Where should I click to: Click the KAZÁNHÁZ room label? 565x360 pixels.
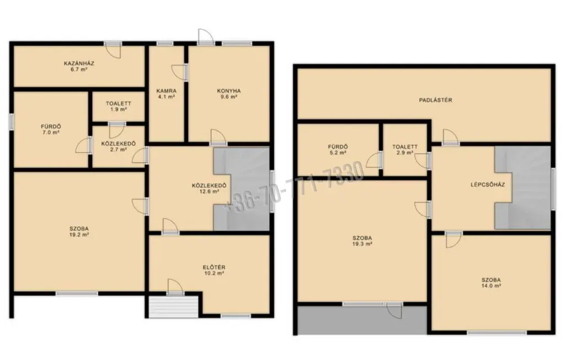pyautogui.click(x=79, y=63)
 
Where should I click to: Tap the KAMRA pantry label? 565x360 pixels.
pyautogui.click(x=167, y=91)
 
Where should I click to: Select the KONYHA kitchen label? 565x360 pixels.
pyautogui.click(x=229, y=91)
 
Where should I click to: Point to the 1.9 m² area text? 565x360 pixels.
pyautogui.click(x=119, y=109)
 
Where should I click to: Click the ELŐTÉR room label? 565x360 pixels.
pyautogui.click(x=214, y=267)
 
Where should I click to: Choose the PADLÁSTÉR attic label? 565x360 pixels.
pyautogui.click(x=435, y=100)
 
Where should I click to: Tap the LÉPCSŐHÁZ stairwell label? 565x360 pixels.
pyautogui.click(x=488, y=184)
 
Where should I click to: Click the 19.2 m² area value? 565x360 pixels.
pyautogui.click(x=79, y=235)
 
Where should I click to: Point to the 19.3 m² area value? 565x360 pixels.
pyautogui.click(x=362, y=244)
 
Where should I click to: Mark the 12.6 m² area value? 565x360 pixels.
pyautogui.click(x=209, y=192)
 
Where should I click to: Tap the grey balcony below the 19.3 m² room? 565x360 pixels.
pyautogui.click(x=362, y=320)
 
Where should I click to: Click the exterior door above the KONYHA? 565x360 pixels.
pyautogui.click(x=206, y=37)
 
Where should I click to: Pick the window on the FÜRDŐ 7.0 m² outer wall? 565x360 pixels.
pyautogui.click(x=12, y=121)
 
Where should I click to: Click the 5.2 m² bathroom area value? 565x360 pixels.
pyautogui.click(x=337, y=152)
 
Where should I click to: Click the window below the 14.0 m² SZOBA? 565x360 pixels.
pyautogui.click(x=497, y=332)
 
